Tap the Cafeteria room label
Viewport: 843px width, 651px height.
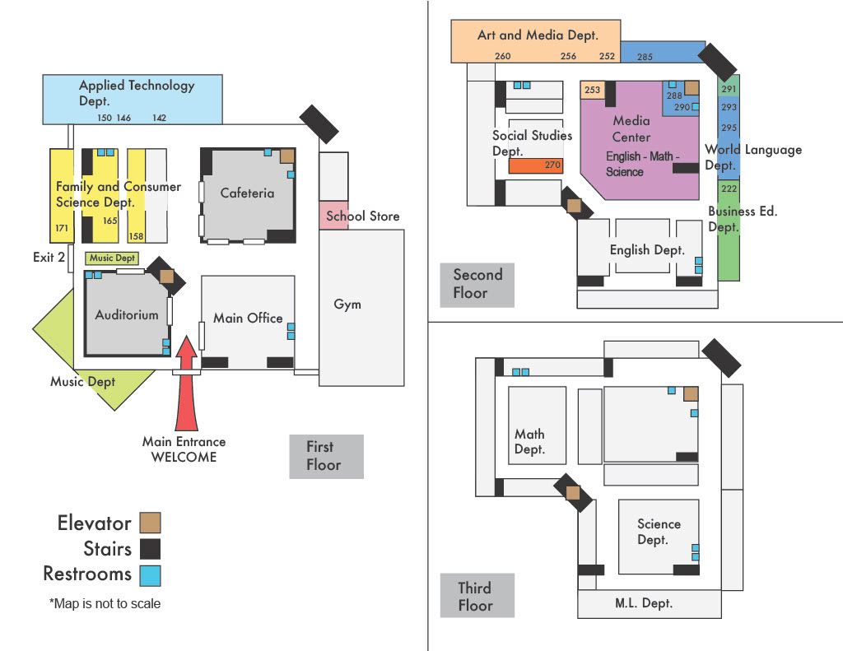(x=247, y=193)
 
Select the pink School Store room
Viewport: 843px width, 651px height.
(x=335, y=216)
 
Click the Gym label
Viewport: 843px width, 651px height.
(x=347, y=305)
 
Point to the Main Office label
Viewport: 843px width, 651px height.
(x=248, y=318)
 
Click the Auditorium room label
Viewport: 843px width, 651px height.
(x=127, y=314)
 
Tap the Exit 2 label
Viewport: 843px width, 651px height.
(x=49, y=258)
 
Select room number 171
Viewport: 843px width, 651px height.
(x=61, y=228)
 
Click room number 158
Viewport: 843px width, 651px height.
(x=137, y=237)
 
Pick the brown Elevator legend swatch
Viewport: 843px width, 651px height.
(x=150, y=523)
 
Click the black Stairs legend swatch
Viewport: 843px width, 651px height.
(x=150, y=548)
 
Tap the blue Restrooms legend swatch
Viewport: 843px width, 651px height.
(x=150, y=574)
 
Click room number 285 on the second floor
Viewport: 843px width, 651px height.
(x=645, y=57)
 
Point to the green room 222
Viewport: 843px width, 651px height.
(x=729, y=188)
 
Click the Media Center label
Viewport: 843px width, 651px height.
(x=631, y=129)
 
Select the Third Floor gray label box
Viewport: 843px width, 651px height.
(x=477, y=596)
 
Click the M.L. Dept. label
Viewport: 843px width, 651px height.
(x=644, y=603)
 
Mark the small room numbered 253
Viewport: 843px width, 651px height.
(x=592, y=91)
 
